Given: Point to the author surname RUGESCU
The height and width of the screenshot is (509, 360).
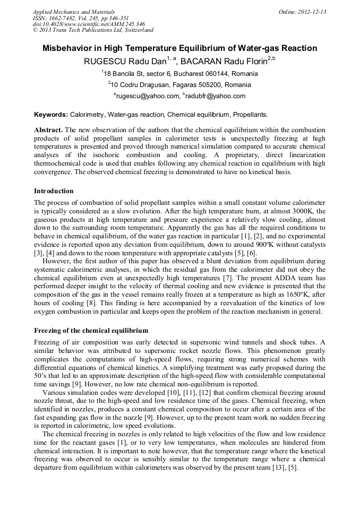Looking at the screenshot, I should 104,62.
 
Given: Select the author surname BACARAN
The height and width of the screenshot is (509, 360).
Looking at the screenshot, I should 202,62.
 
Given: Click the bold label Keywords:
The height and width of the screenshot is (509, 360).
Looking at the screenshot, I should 51,115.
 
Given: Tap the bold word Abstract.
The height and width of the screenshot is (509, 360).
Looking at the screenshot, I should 48,130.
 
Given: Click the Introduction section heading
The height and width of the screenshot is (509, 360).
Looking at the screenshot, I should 54,191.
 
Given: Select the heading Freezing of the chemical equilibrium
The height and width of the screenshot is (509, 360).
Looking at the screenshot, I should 91,330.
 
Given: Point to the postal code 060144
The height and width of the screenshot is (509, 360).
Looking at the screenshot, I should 206,74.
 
